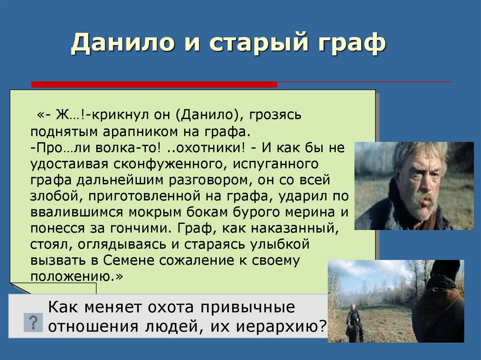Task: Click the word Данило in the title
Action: [x=123, y=43]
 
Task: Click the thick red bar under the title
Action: [x=154, y=84]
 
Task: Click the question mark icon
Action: [x=33, y=322]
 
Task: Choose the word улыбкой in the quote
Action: [x=280, y=245]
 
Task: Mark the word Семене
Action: [x=128, y=260]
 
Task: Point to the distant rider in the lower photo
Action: [x=354, y=323]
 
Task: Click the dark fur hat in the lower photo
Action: [x=445, y=269]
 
